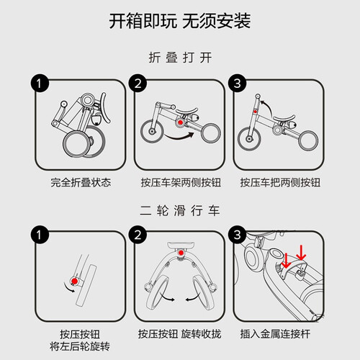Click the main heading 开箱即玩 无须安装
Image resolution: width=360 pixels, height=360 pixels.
click(180, 21)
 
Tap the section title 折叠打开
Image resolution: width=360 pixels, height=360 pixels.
click(180, 58)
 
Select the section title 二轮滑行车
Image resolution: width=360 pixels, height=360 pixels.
click(180, 210)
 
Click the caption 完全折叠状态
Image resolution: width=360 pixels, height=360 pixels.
click(81, 182)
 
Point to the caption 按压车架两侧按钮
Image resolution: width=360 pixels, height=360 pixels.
click(181, 182)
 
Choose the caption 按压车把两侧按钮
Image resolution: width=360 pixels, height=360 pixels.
click(280, 182)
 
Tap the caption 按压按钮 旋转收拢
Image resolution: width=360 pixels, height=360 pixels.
click(179, 334)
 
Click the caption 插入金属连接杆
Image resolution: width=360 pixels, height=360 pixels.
click(275, 334)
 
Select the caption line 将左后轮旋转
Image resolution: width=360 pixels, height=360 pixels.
click(80, 346)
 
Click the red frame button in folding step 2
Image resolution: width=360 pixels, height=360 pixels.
click(181, 122)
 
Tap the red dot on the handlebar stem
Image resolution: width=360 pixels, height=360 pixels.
click(256, 112)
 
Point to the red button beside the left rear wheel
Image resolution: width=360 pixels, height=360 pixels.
click(75, 281)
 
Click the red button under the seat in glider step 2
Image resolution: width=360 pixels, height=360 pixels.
click(181, 253)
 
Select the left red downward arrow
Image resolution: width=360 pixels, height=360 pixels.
click(286, 261)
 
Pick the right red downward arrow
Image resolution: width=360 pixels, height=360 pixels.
click(301, 253)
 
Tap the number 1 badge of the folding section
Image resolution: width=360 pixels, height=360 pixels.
click(40, 83)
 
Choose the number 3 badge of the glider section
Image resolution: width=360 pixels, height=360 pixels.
click(238, 235)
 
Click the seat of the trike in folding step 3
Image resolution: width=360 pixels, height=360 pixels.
click(284, 118)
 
